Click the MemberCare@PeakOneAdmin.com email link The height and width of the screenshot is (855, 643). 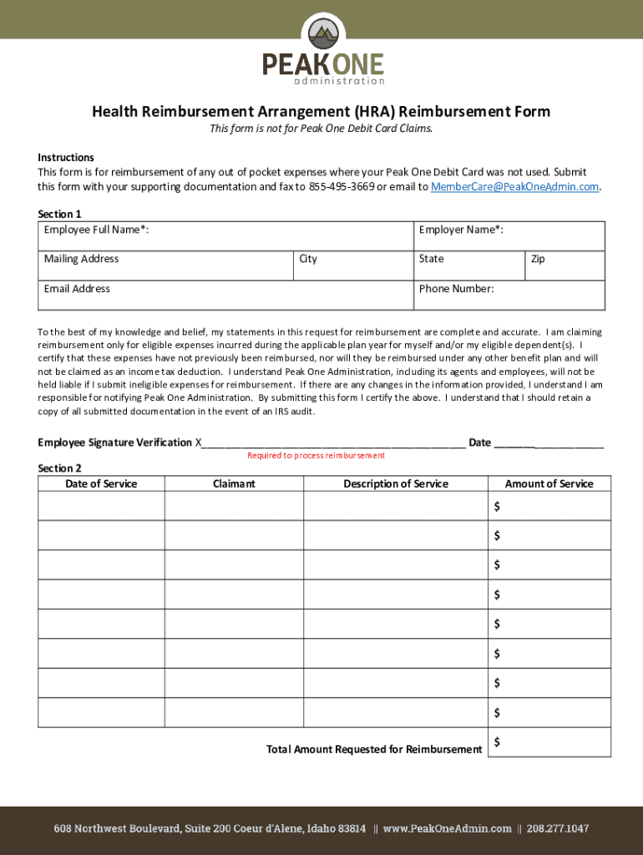[515, 186]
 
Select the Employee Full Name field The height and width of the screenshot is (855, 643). [225, 236]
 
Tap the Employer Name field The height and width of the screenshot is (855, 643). [509, 236]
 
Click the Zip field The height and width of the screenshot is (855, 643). [565, 266]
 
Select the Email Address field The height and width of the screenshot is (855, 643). [225, 296]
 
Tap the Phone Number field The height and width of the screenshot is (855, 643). [509, 296]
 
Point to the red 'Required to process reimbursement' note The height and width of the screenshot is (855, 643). [316, 456]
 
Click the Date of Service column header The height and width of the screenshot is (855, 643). [101, 484]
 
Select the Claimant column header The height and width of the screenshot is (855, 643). [234, 484]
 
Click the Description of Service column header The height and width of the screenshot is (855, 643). [395, 484]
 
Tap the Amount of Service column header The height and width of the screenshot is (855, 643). [549, 484]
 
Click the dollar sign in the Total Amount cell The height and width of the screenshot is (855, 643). [497, 741]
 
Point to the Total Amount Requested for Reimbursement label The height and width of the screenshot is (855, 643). [374, 749]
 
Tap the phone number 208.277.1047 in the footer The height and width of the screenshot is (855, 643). [556, 829]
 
